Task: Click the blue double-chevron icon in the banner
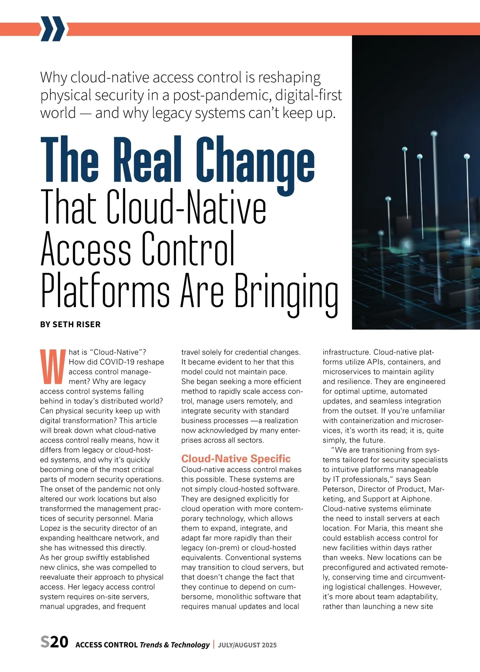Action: click(x=52, y=29)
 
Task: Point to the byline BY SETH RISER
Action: click(x=70, y=324)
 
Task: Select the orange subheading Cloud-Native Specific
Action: click(x=236, y=458)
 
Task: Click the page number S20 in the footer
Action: click(x=54, y=642)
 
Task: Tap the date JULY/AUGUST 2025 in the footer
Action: click(x=247, y=645)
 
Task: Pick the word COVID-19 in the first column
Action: click(x=115, y=362)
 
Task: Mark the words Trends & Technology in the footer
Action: click(x=174, y=645)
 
